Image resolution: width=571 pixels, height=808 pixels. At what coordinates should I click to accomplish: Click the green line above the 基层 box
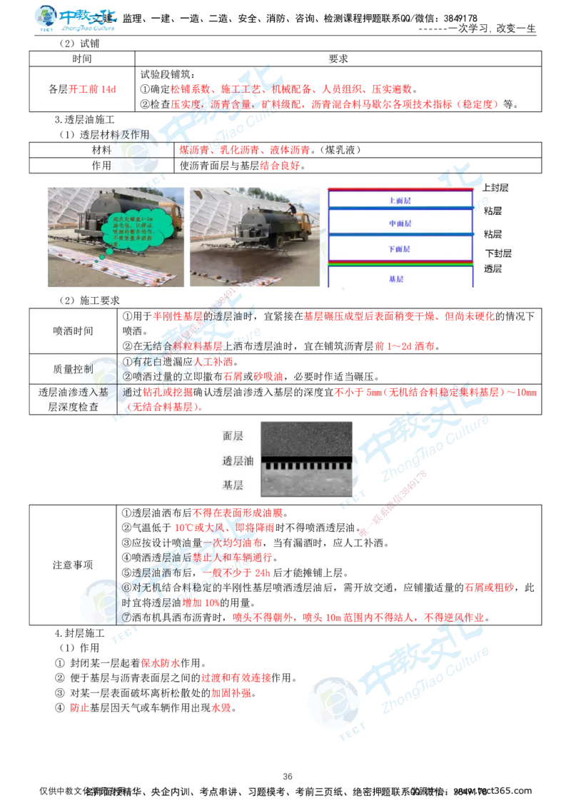click(x=400, y=264)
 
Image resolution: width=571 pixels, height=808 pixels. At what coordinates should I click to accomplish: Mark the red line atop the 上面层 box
click(x=400, y=190)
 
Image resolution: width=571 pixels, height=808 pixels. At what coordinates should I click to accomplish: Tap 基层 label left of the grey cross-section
click(x=233, y=486)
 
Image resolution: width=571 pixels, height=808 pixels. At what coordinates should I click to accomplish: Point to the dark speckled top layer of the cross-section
click(x=307, y=436)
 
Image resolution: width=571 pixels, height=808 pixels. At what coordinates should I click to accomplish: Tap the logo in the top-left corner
click(x=77, y=19)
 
